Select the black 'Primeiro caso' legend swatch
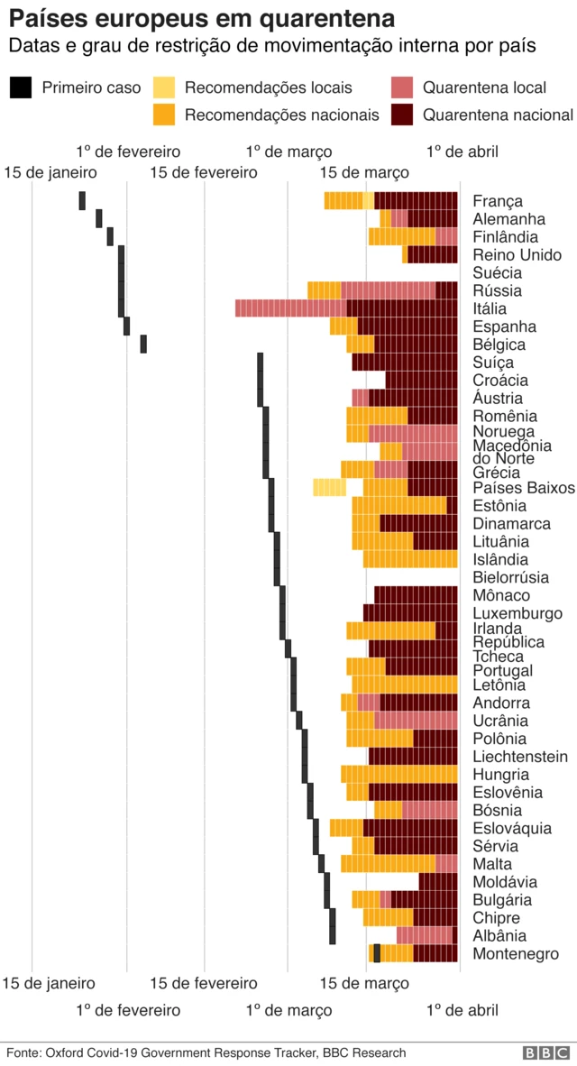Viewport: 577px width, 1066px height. [21, 87]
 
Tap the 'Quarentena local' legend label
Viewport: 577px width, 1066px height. [484, 87]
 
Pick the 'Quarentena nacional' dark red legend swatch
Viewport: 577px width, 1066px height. [402, 115]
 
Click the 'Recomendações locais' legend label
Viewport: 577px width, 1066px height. [268, 87]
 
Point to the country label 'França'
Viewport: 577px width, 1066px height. [498, 201]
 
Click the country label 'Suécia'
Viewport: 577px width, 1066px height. [497, 272]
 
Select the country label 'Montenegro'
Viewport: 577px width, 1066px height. [516, 954]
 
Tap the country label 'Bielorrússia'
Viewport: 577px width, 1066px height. [511, 577]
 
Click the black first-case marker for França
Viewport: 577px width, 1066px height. [82, 200]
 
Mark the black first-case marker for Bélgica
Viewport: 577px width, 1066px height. [143, 344]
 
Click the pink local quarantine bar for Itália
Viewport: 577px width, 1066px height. [290, 308]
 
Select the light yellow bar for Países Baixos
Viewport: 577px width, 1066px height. [329, 487]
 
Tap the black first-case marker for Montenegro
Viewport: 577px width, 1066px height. [377, 953]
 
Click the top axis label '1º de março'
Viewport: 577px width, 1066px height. [288, 152]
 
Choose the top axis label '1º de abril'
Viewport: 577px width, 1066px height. [462, 152]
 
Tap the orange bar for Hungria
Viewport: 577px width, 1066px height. [398, 774]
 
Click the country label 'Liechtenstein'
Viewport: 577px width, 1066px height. [520, 757]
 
